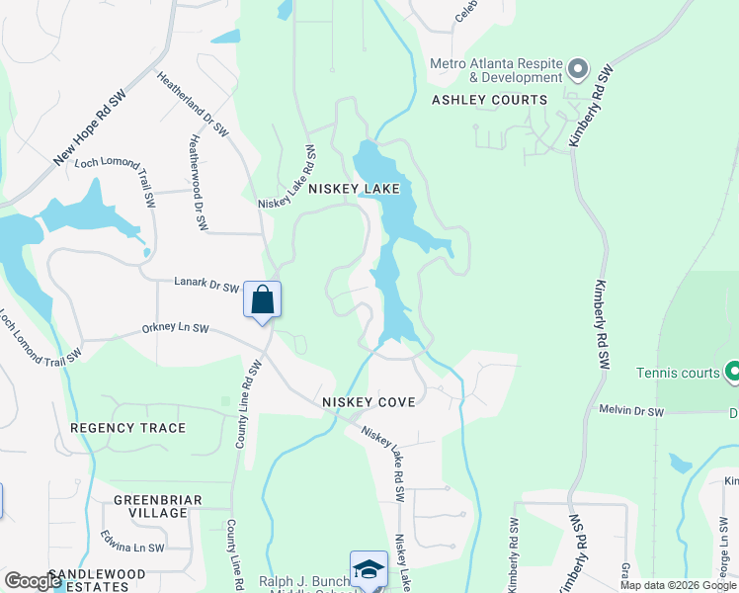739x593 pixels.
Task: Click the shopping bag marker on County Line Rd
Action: click(263, 299)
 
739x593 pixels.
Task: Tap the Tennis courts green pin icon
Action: click(733, 373)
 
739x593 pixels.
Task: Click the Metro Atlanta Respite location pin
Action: click(578, 70)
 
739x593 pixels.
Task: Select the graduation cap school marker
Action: click(369, 569)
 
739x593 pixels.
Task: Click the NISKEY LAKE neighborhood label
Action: click(354, 188)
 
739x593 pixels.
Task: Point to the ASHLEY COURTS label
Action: click(489, 100)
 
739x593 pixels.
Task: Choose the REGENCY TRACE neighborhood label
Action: click(128, 428)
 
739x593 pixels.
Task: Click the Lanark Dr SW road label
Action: click(206, 287)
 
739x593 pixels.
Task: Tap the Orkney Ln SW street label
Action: click(175, 327)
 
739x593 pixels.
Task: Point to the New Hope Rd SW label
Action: click(90, 129)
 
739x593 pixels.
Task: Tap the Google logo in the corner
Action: click(33, 581)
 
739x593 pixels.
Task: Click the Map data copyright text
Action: click(678, 585)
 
